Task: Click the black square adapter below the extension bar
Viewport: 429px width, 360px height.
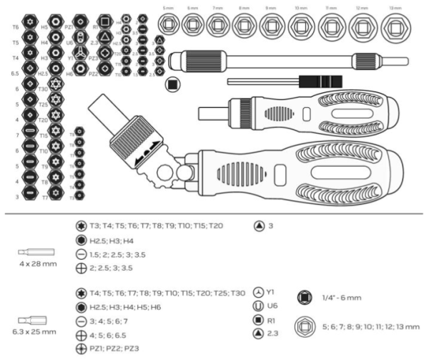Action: (172, 85)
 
